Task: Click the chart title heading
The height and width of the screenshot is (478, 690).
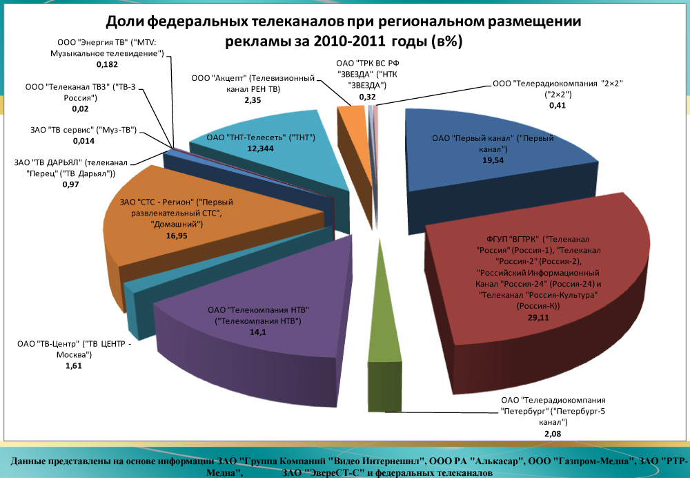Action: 343,31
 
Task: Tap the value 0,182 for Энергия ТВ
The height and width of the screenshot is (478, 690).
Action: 106,64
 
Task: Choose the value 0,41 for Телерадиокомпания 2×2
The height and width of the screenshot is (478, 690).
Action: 558,106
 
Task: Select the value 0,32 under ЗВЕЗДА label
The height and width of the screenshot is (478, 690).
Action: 367,97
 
